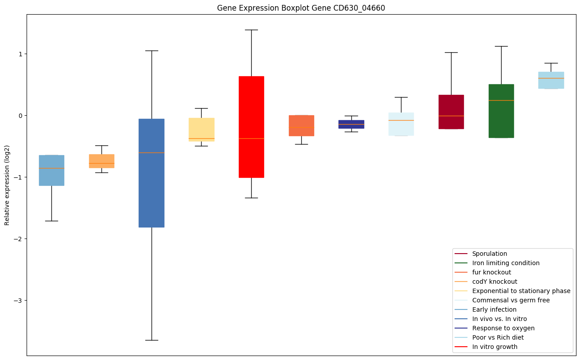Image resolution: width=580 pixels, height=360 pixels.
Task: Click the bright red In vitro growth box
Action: click(251, 127)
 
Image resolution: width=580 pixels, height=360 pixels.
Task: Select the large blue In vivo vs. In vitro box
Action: click(152, 173)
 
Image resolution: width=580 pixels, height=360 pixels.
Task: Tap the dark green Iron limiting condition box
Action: click(501, 111)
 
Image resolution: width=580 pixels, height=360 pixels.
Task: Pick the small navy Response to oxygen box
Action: click(351, 124)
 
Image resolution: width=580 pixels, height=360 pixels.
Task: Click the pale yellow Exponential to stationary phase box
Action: click(202, 129)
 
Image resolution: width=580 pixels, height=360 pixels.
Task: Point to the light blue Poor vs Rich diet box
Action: click(551, 80)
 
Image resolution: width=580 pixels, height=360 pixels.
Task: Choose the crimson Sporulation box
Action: click(451, 112)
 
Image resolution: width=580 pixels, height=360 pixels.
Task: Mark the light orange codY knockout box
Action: click(101, 161)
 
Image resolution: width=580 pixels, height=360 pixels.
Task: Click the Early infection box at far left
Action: click(51, 170)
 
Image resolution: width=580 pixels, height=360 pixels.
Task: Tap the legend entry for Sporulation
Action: click(489, 254)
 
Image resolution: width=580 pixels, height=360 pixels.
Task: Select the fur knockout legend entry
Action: click(491, 272)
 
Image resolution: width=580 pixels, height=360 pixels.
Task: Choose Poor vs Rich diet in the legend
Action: click(498, 337)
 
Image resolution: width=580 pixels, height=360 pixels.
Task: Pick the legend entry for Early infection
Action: click(494, 309)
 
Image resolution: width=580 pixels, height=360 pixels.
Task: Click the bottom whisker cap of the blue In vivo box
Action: click(152, 340)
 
